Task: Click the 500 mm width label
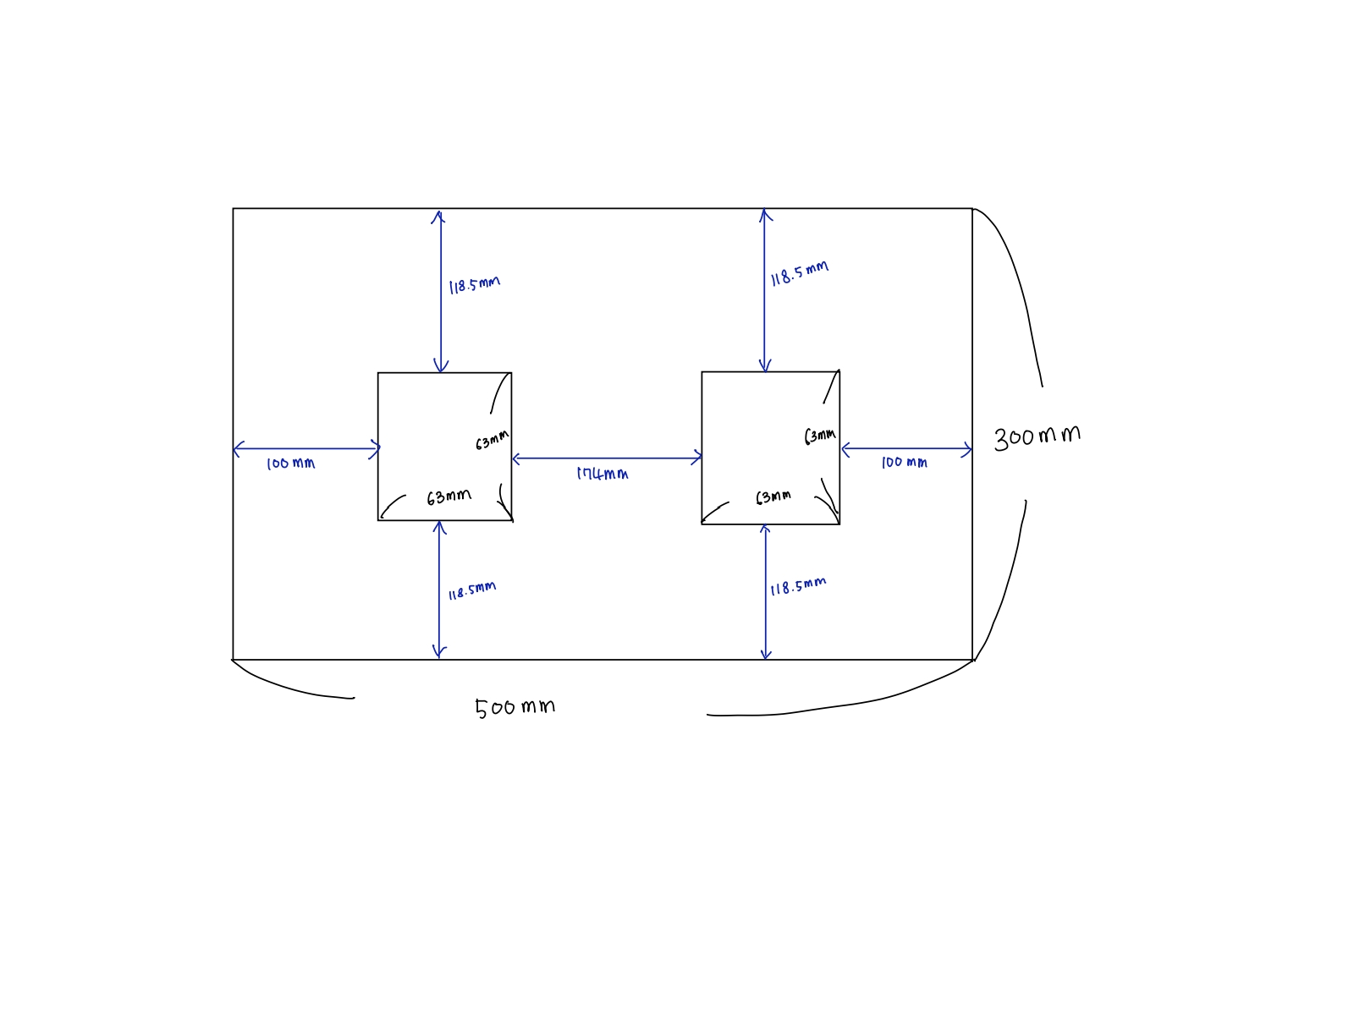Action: tap(515, 707)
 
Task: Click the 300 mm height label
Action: tap(1037, 436)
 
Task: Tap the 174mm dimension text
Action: tap(603, 474)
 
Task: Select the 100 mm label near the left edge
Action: tap(290, 464)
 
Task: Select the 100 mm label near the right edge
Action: tap(904, 463)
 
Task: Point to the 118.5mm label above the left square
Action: tap(474, 284)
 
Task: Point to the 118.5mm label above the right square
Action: tap(799, 273)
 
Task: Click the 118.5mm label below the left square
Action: tap(471, 590)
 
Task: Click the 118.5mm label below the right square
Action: tap(797, 586)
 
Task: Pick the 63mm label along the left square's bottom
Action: tap(449, 497)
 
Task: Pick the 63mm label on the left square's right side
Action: tap(492, 440)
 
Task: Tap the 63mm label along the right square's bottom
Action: tap(773, 497)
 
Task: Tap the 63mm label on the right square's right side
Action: tap(819, 436)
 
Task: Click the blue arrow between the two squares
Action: tap(607, 458)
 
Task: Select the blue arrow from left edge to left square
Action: tap(305, 449)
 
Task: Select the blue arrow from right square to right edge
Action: tap(906, 449)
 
